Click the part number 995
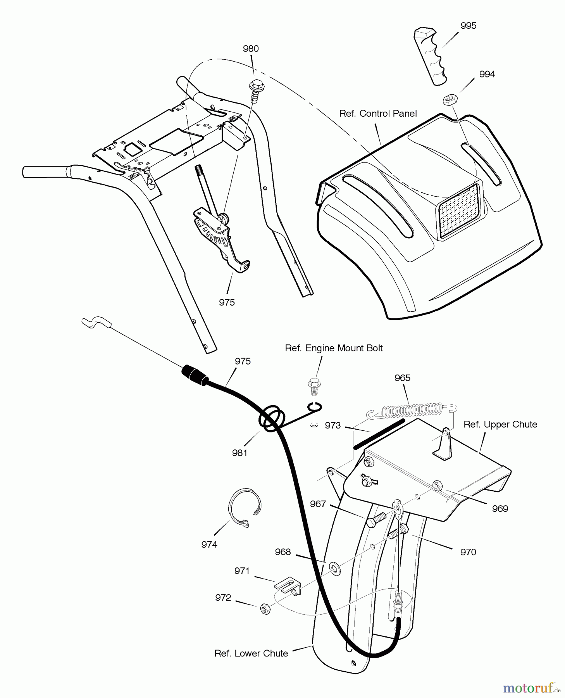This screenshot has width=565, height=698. coord(468,26)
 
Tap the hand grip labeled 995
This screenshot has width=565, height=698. coord(430,56)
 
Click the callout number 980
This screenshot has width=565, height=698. coord(250,49)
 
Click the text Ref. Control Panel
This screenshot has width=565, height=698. coord(378,114)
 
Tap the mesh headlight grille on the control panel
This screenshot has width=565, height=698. coord(460,211)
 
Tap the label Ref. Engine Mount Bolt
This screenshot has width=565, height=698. coord(334,348)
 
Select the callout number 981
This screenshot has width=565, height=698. coord(239,453)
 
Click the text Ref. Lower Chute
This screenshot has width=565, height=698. coord(251,653)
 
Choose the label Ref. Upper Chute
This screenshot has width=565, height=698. coord(500,425)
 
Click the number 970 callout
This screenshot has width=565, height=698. coord(468,552)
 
